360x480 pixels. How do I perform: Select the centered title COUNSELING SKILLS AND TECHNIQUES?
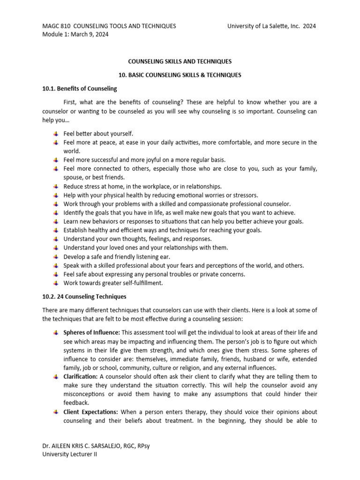click(180, 61)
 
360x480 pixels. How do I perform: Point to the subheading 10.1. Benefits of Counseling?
click(80, 89)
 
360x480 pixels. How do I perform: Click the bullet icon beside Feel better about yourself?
click(56, 134)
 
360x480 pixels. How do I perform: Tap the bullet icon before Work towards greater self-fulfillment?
click(56, 283)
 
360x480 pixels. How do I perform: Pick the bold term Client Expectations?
click(91, 412)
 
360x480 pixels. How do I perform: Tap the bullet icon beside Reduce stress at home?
click(56, 187)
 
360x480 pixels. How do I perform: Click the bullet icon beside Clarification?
click(56, 376)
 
